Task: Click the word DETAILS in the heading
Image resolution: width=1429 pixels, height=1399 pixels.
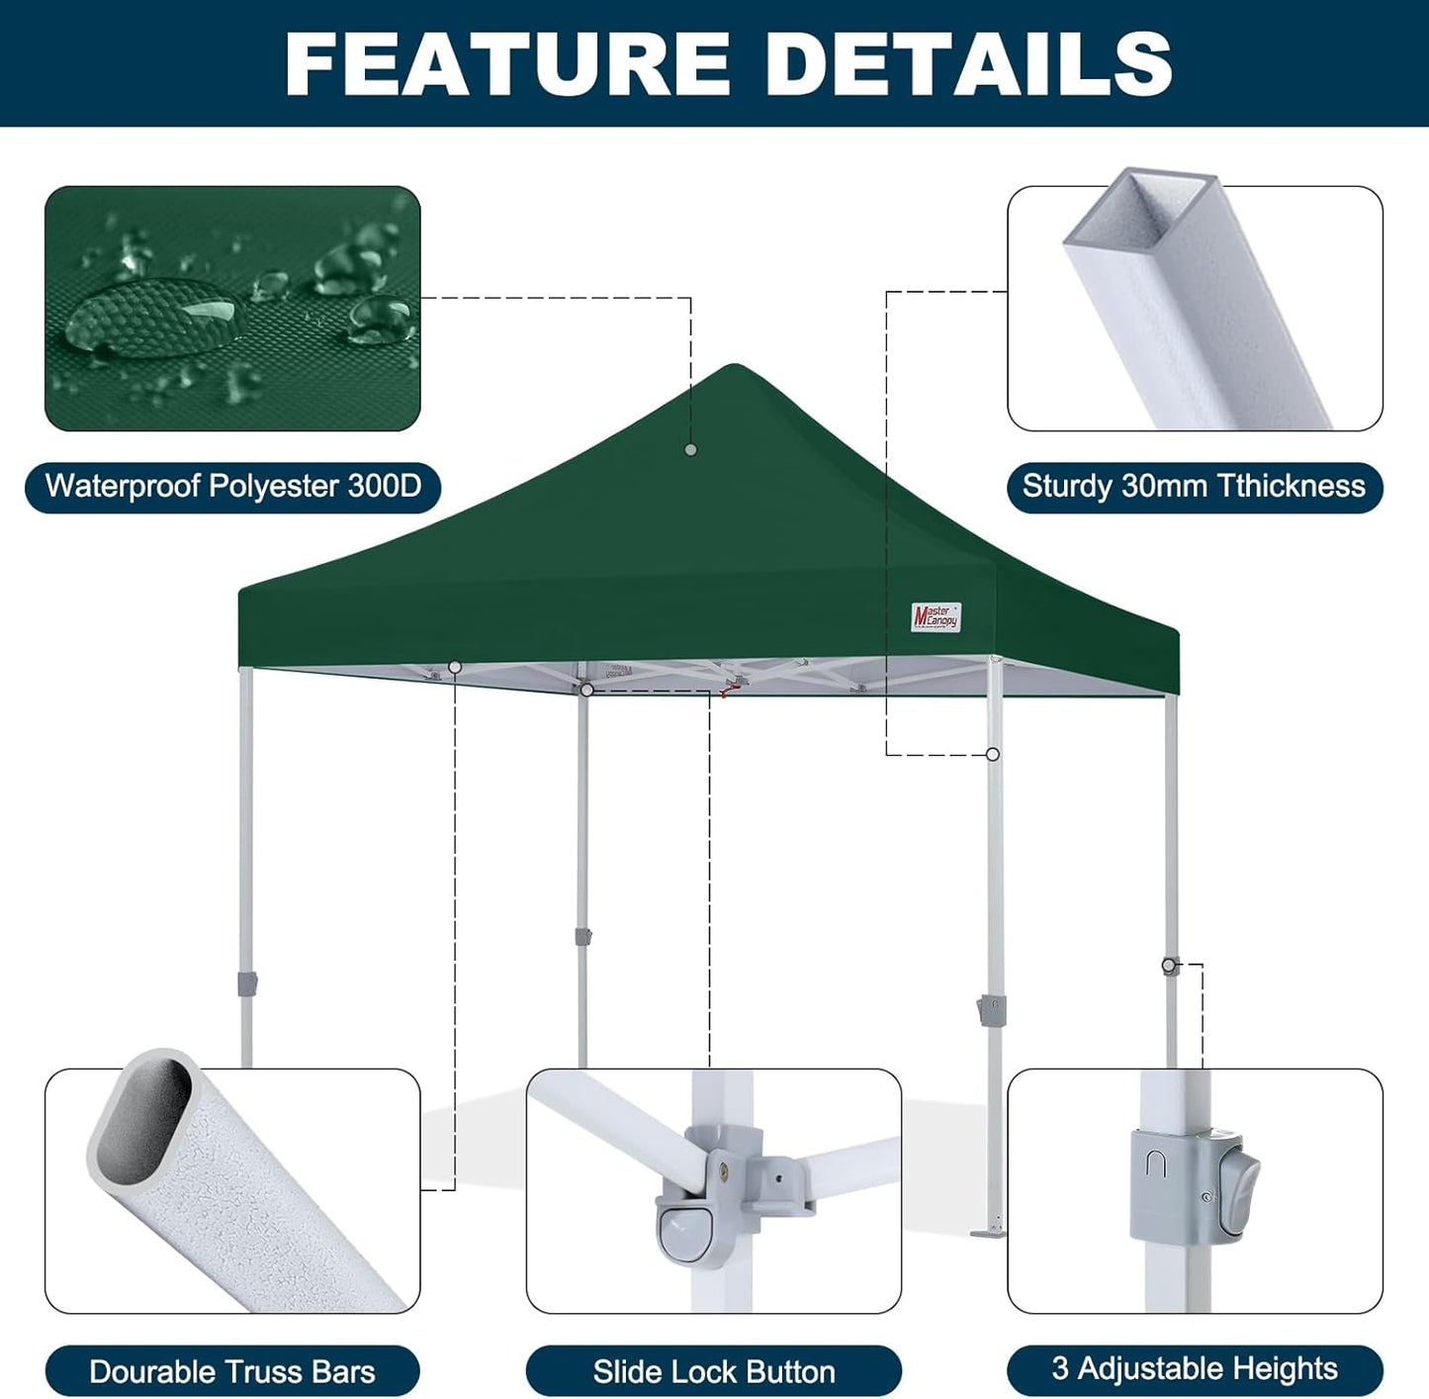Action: (968, 64)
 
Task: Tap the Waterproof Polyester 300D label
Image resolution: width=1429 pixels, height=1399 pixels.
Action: (233, 487)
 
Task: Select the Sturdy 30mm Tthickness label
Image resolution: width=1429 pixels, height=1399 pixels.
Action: (1194, 487)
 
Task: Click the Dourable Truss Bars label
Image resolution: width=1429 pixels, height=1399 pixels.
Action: (232, 1371)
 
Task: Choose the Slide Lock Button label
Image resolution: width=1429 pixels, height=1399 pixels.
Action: (714, 1371)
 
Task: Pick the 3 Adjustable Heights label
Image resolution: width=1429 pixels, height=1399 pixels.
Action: (1195, 1369)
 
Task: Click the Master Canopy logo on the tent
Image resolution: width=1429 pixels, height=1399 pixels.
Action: (936, 617)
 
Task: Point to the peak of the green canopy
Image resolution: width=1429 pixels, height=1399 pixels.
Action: (733, 368)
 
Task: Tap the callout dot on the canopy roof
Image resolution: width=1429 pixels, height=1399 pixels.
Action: (690, 450)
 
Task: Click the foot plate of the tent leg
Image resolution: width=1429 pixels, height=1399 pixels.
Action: (989, 1233)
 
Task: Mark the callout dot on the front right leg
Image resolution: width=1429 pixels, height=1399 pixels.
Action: (993, 755)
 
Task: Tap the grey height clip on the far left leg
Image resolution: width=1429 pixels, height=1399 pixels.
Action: (247, 983)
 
